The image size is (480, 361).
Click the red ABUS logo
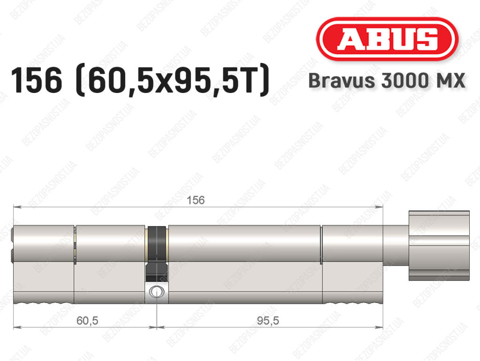tap(387, 39)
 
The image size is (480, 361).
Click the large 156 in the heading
tap(37, 81)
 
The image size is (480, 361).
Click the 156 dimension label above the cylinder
tap(195, 200)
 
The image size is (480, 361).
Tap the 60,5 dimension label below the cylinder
tap(87, 321)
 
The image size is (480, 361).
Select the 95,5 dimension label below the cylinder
tap(268, 321)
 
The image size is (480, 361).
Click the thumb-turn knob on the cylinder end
tap(439, 246)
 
